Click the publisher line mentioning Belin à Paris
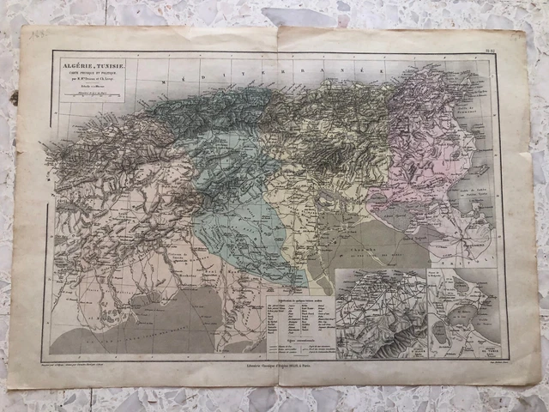(x=276, y=364)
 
